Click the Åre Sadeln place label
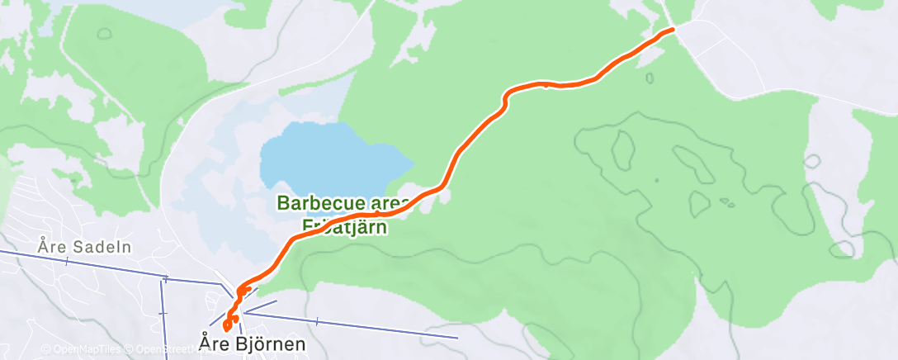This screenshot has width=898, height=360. point(85,246)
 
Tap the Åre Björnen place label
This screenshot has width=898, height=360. point(252,342)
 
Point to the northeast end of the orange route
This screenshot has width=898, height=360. point(673,29)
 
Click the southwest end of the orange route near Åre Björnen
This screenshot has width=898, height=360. point(227,329)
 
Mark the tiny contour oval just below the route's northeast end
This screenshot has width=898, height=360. point(650,78)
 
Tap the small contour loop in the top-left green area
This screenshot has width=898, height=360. point(103,34)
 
